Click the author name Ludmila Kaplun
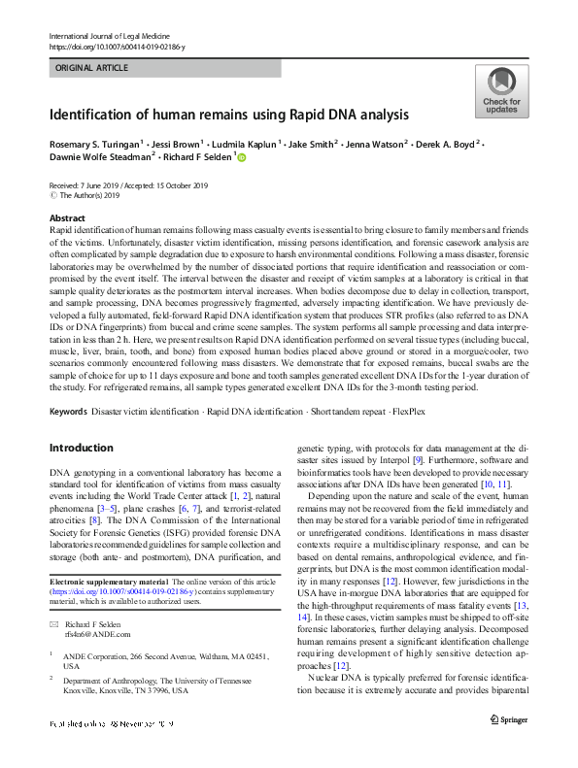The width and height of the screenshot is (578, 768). pos(238,143)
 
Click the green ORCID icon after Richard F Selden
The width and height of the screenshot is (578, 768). pos(242,156)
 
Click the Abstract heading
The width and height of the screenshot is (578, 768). pos(66,218)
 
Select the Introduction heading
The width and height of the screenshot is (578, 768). pos(81,448)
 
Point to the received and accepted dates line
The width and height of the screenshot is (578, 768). pos(130,185)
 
